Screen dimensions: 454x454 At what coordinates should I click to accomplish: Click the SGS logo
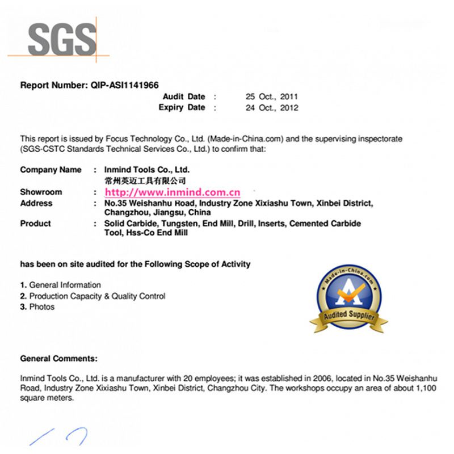(x=61, y=39)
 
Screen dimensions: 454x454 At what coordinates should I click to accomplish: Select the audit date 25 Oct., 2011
(x=271, y=96)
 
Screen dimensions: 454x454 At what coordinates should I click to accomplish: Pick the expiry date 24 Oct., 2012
(x=271, y=107)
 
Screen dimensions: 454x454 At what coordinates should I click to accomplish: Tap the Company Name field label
(x=51, y=170)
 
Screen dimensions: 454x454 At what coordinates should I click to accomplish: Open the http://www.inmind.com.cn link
(x=172, y=192)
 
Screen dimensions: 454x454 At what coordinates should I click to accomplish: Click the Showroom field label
(x=41, y=192)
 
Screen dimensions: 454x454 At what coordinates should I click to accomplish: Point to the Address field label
(x=36, y=203)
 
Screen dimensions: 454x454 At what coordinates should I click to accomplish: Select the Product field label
(x=35, y=224)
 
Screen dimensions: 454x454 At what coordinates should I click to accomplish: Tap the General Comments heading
(x=58, y=359)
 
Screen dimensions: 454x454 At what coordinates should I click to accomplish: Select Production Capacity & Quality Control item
(x=97, y=296)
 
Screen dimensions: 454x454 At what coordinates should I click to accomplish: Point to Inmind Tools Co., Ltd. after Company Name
(x=146, y=170)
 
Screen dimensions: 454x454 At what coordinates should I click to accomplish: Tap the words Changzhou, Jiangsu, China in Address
(x=157, y=212)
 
